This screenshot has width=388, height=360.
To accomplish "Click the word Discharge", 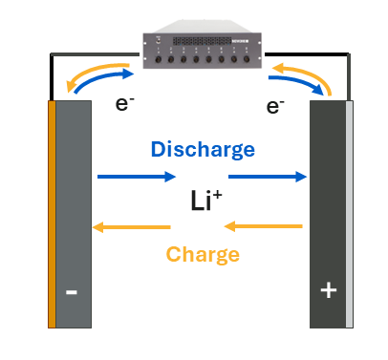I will point(203,149).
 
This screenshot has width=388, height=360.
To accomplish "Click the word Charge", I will point(202,254).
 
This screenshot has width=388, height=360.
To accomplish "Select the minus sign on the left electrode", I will point(72,292).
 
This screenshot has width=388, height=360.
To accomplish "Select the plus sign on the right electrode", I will point(328,290).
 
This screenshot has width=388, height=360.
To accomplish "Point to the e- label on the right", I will point(275,106).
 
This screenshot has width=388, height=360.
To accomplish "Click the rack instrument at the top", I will point(201,49).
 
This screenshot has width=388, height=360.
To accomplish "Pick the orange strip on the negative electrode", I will point(52,215).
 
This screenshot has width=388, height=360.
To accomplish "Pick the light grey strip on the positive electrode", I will point(350,215).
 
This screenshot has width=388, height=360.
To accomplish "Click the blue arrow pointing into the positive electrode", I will point(279,176).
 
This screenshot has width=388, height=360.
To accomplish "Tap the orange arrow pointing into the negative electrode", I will point(129,227).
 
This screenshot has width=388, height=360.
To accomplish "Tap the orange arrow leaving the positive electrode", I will point(263,227).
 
